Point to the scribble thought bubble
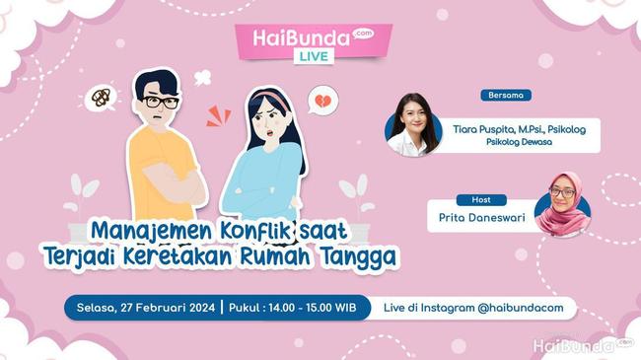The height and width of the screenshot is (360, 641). click(101, 97)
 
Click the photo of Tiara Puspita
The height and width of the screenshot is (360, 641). click(413, 124)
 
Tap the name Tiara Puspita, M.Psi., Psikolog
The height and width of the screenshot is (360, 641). click(519, 127)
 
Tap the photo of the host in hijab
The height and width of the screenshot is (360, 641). click(562, 205)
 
